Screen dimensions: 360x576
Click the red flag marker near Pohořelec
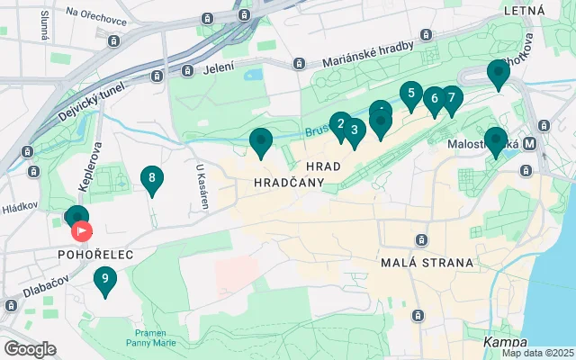82,231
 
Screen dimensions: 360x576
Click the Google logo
30,348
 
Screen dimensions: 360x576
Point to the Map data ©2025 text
536,353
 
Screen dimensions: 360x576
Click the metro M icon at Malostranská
530,143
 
